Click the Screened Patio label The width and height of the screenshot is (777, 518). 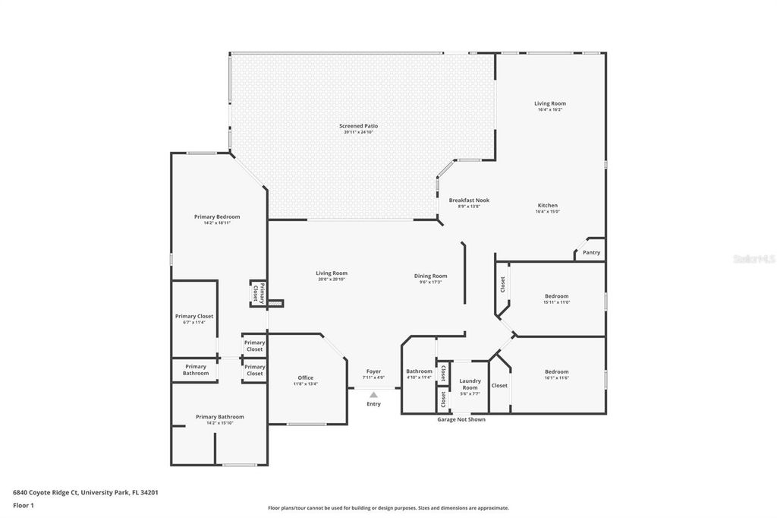point(358,125)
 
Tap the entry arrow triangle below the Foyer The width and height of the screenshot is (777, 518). point(373,395)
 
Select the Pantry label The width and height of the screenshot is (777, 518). point(591,252)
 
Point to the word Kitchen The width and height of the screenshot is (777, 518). point(547,205)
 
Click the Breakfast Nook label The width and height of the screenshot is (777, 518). point(469,200)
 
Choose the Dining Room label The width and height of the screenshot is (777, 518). point(430,276)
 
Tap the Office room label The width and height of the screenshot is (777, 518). point(305,377)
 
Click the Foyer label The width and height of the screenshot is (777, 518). point(373,371)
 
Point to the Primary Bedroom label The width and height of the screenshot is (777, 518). point(216,216)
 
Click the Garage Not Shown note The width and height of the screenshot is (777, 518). point(461,419)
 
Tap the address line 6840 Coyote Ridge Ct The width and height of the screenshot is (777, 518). point(86,492)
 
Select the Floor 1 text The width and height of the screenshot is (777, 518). point(24,505)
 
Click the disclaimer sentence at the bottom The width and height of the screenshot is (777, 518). point(388,508)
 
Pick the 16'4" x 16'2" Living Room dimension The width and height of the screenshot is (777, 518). point(549,110)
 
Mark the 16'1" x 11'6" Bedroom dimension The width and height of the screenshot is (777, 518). point(556,378)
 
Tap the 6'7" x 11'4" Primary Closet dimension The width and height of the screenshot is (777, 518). point(194,322)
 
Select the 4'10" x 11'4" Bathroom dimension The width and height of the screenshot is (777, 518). point(419,377)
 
